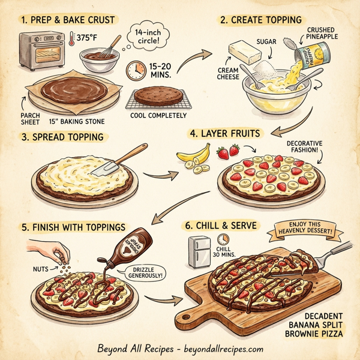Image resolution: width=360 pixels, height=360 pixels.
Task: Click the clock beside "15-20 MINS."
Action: (x=136, y=71)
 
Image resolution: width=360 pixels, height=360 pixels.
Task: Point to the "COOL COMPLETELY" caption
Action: (x=158, y=116)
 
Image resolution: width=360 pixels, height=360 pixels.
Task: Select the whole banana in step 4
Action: (x=193, y=157)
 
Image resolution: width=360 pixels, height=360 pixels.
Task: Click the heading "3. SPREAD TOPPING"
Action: (x=62, y=137)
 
